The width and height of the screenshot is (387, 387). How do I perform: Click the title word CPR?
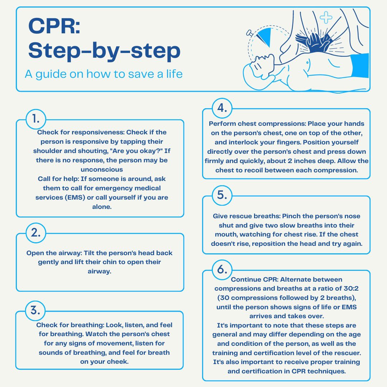54,26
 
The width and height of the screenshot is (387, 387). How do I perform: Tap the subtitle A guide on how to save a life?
104,74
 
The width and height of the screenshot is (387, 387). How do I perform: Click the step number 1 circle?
36,119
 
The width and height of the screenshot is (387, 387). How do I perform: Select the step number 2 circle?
36,233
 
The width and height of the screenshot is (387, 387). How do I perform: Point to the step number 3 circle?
35,311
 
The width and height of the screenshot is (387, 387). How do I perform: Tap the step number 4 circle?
222,108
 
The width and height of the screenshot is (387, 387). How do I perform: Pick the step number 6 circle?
222,270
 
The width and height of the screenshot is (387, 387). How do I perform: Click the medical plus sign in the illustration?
326,17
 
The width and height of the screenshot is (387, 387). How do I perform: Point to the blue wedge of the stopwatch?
264,37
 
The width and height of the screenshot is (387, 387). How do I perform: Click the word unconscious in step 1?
102,169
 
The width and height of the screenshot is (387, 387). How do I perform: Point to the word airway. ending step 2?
100,272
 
